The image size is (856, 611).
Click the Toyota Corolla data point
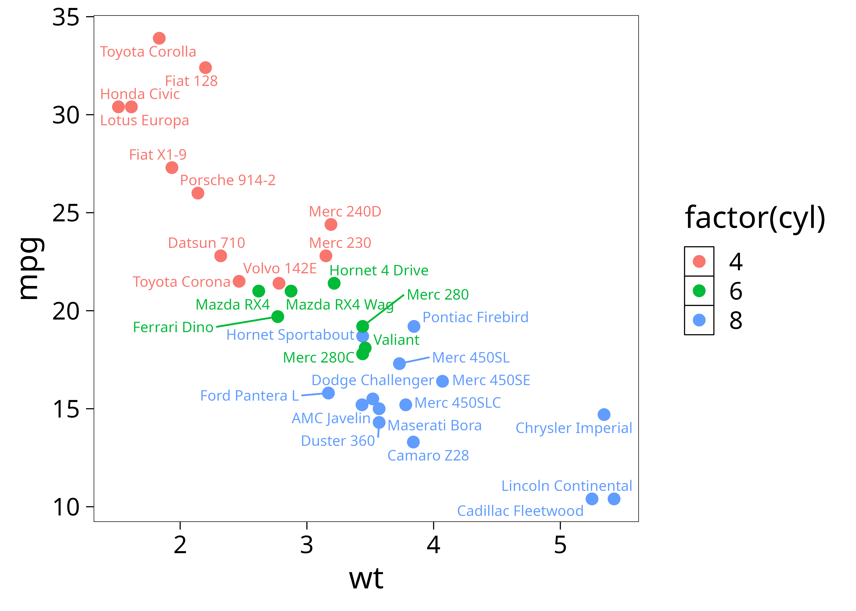(159, 38)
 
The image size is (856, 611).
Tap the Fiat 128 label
(191, 81)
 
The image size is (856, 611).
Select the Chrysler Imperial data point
(604, 415)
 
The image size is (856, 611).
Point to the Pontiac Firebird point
(414, 326)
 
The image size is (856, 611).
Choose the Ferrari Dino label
(173, 327)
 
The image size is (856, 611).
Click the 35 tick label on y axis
(66, 17)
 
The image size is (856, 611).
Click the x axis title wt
(366, 579)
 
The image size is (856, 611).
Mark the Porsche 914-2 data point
(198, 193)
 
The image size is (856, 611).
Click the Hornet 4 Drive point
(334, 283)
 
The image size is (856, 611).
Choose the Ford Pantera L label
(249, 396)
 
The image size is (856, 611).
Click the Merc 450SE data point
(442, 381)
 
